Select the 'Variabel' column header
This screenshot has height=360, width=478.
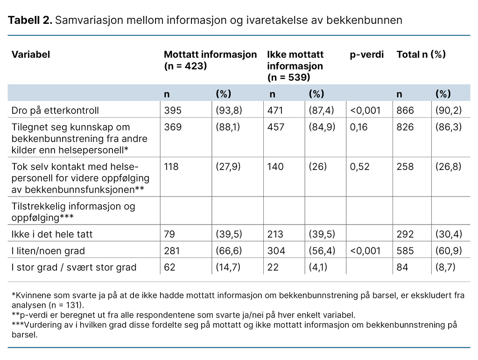(31, 55)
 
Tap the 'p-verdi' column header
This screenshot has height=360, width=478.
(366, 55)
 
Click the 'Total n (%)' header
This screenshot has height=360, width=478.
(421, 55)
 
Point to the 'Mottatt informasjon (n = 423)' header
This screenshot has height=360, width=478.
(210, 60)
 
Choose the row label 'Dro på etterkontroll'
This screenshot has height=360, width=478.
(55, 111)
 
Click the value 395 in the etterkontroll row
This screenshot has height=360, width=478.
(172, 111)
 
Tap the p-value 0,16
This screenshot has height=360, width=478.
(358, 127)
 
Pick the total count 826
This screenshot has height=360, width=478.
(405, 127)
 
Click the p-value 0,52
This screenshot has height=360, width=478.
(359, 167)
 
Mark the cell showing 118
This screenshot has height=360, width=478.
(171, 167)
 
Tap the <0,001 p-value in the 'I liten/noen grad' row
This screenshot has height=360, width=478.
(365, 251)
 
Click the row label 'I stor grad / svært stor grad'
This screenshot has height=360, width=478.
(74, 268)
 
